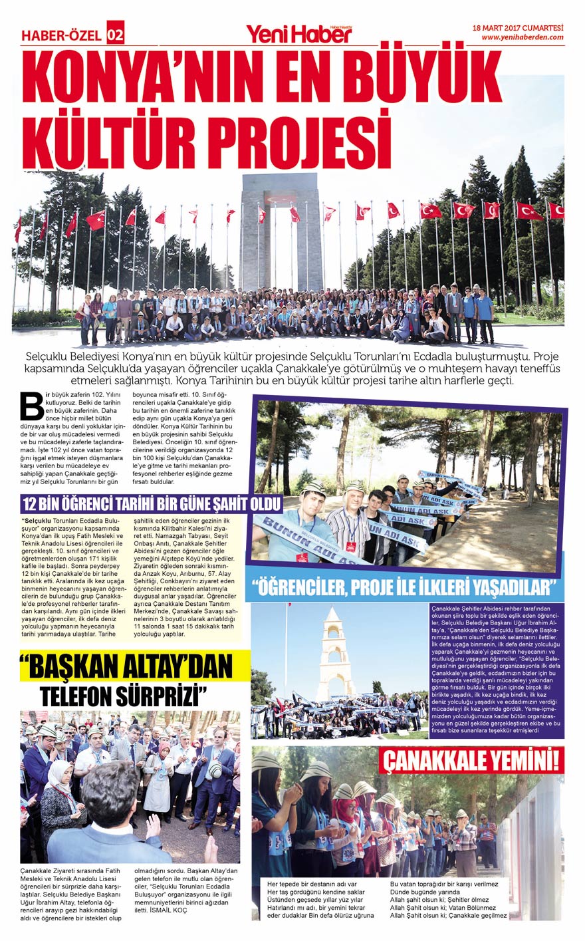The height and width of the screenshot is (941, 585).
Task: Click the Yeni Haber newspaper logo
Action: click(299, 32)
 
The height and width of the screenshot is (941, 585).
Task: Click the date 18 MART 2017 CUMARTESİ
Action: click(517, 28)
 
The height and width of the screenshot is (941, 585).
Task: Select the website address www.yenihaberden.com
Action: click(522, 37)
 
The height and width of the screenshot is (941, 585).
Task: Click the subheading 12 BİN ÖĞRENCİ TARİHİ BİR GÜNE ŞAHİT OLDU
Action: click(152, 502)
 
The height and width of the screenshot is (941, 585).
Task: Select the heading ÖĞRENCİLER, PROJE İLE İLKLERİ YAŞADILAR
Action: click(404, 588)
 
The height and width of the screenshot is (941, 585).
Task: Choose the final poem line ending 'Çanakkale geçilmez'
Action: click(449, 915)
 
